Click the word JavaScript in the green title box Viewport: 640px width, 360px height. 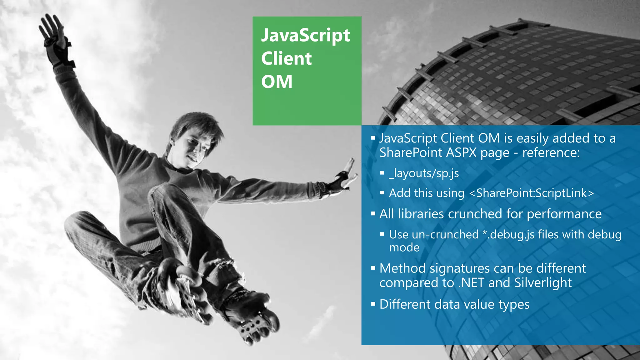click(305, 36)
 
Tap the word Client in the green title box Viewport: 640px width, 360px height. click(286, 58)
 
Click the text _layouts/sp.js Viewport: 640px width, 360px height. click(424, 173)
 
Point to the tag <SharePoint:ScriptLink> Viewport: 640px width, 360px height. click(531, 193)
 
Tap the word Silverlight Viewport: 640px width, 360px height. click(543, 283)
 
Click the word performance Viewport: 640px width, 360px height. click(564, 214)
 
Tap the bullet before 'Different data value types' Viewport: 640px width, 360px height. click(373, 304)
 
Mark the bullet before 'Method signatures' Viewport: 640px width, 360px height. click(373, 268)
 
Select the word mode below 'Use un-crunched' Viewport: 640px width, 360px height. click(404, 247)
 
